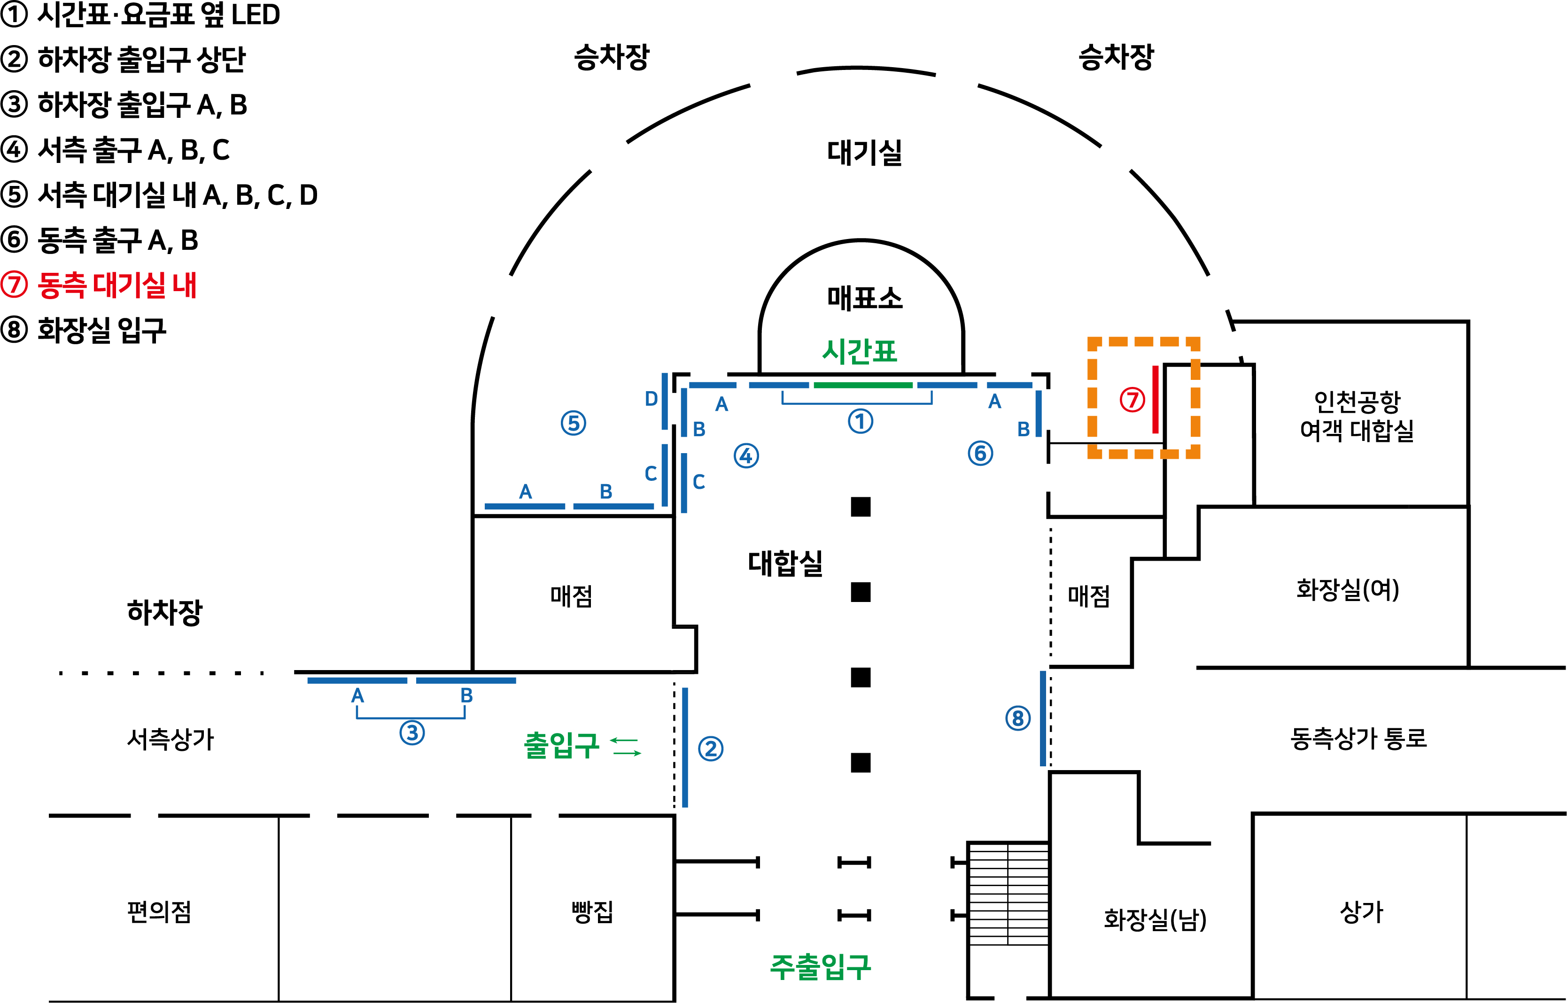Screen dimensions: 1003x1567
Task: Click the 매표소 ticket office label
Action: click(x=865, y=298)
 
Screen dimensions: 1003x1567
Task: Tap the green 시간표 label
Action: click(x=860, y=352)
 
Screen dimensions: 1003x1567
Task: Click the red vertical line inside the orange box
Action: click(x=1155, y=399)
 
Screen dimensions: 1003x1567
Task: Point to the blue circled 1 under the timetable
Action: click(x=860, y=421)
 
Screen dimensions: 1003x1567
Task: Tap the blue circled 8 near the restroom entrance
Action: click(x=1018, y=718)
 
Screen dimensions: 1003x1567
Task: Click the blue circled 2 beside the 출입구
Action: click(x=710, y=749)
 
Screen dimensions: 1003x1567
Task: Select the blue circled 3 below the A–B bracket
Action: click(x=412, y=733)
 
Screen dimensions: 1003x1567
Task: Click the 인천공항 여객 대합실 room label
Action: click(x=1357, y=416)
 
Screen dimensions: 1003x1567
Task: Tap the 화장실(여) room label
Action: click(x=1348, y=589)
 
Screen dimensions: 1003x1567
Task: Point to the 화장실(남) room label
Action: click(x=1155, y=919)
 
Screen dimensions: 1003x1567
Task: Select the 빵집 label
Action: click(x=591, y=912)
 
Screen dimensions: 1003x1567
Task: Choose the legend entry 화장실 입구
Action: click(x=101, y=330)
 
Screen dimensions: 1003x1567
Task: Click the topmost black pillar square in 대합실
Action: click(x=861, y=507)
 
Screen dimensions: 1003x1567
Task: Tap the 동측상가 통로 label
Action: click(x=1358, y=738)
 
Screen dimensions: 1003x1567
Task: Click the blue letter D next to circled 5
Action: click(x=651, y=399)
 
